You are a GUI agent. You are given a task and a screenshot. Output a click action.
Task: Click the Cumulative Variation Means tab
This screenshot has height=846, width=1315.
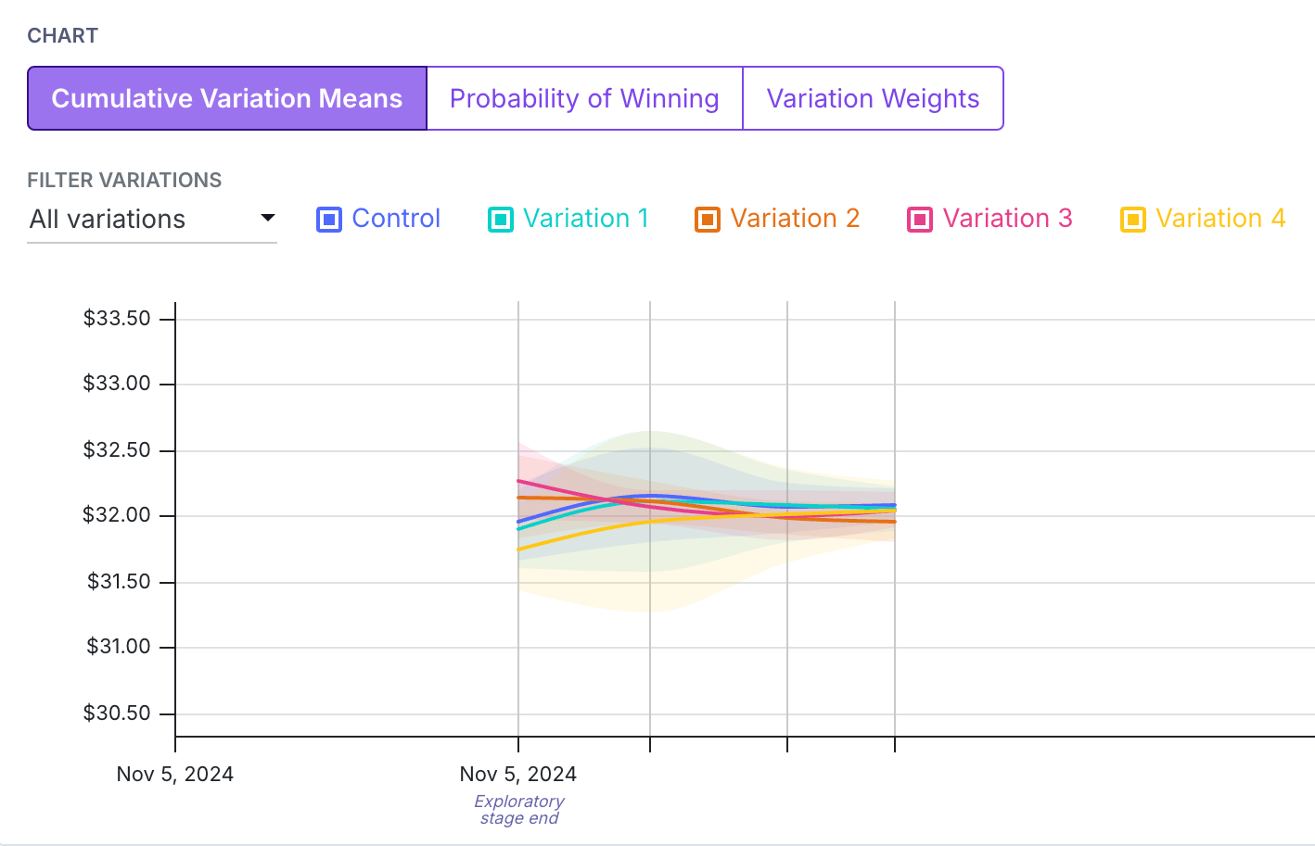click(x=227, y=98)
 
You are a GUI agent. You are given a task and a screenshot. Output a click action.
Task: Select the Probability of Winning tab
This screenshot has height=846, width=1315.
click(x=585, y=98)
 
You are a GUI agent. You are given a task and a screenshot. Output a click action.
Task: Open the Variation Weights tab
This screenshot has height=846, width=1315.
click(x=873, y=98)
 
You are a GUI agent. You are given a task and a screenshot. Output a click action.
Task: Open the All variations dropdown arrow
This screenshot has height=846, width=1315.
click(x=268, y=219)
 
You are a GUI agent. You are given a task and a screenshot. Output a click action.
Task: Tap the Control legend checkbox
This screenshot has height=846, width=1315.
click(x=328, y=220)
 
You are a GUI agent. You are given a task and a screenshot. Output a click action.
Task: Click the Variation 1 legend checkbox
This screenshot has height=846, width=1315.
click(x=500, y=220)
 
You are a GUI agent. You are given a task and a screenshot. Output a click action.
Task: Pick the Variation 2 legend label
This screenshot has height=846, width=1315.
click(x=795, y=219)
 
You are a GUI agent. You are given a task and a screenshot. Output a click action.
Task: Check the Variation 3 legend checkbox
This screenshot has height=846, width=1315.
click(x=919, y=220)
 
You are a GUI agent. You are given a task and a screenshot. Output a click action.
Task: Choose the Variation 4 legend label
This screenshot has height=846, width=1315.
click(x=1220, y=219)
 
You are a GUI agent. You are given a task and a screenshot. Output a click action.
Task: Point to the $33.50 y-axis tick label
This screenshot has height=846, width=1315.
click(x=117, y=319)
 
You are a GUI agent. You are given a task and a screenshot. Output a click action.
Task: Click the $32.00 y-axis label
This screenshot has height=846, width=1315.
click(x=117, y=514)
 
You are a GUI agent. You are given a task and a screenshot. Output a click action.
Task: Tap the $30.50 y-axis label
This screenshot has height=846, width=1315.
click(x=117, y=713)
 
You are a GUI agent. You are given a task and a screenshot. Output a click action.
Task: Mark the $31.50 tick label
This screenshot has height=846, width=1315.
click(x=119, y=581)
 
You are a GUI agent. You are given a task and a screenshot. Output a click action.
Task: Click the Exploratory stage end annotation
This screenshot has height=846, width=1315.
click(x=519, y=810)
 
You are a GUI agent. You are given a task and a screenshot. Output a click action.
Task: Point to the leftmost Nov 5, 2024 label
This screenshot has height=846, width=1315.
click(x=175, y=774)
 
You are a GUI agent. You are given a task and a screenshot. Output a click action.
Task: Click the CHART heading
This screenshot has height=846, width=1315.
click(x=63, y=36)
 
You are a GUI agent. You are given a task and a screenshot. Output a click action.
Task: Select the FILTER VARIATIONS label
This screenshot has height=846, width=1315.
click(x=124, y=180)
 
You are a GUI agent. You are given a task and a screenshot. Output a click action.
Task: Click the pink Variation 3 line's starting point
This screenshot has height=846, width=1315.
click(x=518, y=481)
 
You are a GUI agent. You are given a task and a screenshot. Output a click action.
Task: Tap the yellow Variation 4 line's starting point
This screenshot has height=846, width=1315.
click(x=518, y=549)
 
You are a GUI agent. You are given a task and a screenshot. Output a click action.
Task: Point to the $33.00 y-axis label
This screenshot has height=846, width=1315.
click(x=117, y=383)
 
